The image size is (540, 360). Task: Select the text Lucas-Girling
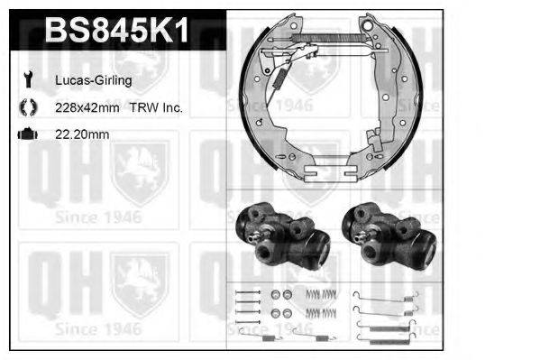click(x=94, y=80)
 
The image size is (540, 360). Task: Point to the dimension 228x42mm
click(x=87, y=107)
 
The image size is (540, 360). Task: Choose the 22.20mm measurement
click(x=82, y=134)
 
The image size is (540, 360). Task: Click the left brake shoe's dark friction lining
click(x=244, y=99)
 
